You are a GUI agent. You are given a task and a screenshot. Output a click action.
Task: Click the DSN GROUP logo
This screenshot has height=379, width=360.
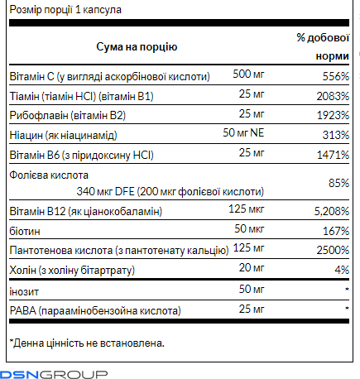54,374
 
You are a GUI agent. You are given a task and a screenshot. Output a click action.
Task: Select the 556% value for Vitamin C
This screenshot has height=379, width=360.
336,76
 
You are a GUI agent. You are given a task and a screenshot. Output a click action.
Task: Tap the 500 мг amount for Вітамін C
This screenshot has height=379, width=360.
248,74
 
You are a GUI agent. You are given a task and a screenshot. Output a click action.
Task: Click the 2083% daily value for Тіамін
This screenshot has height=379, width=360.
333,96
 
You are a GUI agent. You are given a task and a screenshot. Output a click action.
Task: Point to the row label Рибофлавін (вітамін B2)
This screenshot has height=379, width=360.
68,115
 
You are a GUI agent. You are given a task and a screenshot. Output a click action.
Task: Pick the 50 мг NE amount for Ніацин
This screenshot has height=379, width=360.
243,132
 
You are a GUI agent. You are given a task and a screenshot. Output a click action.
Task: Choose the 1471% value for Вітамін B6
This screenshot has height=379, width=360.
333,155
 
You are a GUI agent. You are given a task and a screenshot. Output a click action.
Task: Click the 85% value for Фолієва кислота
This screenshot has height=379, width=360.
338,183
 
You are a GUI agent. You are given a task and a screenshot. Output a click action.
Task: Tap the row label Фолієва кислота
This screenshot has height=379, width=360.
49,175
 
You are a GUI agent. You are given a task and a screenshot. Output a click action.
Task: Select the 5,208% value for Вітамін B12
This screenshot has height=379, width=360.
332,211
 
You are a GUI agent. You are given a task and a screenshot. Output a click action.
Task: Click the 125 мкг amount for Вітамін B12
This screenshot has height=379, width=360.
246,209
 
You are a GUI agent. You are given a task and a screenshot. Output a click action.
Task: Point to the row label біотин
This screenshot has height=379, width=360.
25,231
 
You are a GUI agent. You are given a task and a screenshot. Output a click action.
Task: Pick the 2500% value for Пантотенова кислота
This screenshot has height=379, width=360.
333,250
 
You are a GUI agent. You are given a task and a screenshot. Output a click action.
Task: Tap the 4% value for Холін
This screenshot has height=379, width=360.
342,270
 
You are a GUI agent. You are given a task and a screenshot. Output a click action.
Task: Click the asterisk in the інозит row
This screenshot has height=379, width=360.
347,290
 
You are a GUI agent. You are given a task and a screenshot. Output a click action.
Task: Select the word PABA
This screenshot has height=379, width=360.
23,311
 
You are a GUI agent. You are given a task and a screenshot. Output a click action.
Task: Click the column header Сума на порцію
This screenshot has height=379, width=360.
137,47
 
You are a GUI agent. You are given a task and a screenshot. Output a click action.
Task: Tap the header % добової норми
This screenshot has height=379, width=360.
323,46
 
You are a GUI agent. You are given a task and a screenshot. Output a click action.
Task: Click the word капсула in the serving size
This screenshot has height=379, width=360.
102,10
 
